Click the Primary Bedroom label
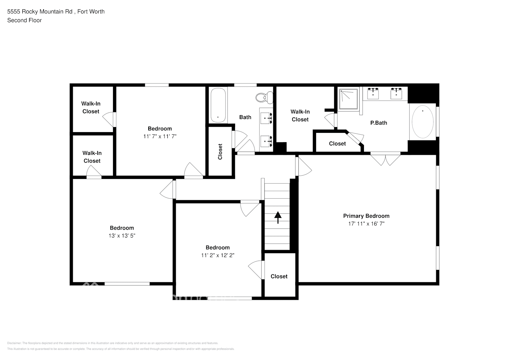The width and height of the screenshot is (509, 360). pos(366,216)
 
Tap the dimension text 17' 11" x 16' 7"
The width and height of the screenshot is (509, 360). pos(366,224)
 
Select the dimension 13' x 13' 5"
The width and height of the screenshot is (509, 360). pos(122,236)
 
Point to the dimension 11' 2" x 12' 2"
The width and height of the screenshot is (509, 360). pos(217,256)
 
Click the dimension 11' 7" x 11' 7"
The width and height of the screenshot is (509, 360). pos(159,136)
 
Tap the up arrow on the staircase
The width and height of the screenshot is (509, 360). pos(278,217)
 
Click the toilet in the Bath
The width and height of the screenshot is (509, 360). pos(265,97)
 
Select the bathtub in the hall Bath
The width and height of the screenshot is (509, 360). pos(218,105)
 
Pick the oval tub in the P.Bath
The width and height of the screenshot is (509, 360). pos(422,121)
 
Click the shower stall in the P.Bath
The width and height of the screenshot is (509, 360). pos(348,98)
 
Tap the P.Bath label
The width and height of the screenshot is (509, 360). pos(379,123)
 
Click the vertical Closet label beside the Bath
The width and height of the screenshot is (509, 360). pos(220,152)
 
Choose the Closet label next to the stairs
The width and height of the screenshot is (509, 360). pos(279,276)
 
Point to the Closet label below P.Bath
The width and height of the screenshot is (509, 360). pos(337,144)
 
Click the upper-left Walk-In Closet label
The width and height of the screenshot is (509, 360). pos(91,108)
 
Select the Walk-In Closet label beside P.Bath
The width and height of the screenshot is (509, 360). pos(300,116)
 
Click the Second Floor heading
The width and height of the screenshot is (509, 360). pos(24,20)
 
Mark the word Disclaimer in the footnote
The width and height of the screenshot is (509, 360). pos(14,343)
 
